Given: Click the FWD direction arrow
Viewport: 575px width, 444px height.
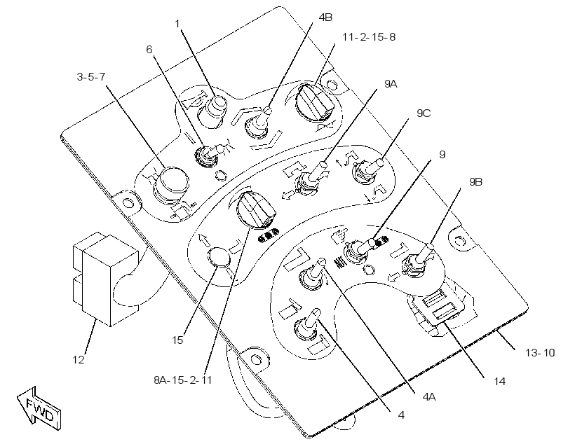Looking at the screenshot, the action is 39,408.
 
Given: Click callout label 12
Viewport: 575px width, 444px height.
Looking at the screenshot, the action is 79,360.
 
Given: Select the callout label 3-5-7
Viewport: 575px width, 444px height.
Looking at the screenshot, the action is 91,77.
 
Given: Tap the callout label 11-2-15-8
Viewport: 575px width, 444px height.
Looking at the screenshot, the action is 369,37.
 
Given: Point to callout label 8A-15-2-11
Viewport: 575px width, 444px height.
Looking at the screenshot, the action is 183,380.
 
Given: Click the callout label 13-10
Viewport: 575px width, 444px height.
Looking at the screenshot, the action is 540,353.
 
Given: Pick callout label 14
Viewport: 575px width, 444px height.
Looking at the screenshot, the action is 499,382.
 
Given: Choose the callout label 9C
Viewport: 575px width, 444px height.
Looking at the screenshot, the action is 424,113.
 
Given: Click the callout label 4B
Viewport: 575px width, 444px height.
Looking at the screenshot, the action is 325,18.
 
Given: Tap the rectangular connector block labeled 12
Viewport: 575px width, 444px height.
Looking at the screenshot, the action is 105,279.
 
